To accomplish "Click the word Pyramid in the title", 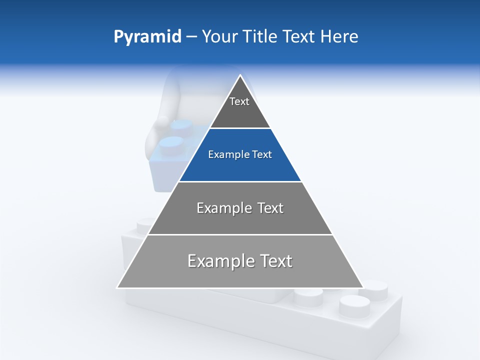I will [147, 37].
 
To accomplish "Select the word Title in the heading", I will [260, 37].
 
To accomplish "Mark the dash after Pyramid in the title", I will [191, 37].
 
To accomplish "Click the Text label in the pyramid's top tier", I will [239, 101].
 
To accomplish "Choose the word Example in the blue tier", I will [227, 155].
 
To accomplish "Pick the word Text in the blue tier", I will [262, 155].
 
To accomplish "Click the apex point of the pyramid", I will [240, 75].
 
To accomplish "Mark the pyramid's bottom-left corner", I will [117, 287].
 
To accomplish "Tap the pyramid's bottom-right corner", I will [363, 287].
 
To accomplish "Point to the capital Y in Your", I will [206, 37].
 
